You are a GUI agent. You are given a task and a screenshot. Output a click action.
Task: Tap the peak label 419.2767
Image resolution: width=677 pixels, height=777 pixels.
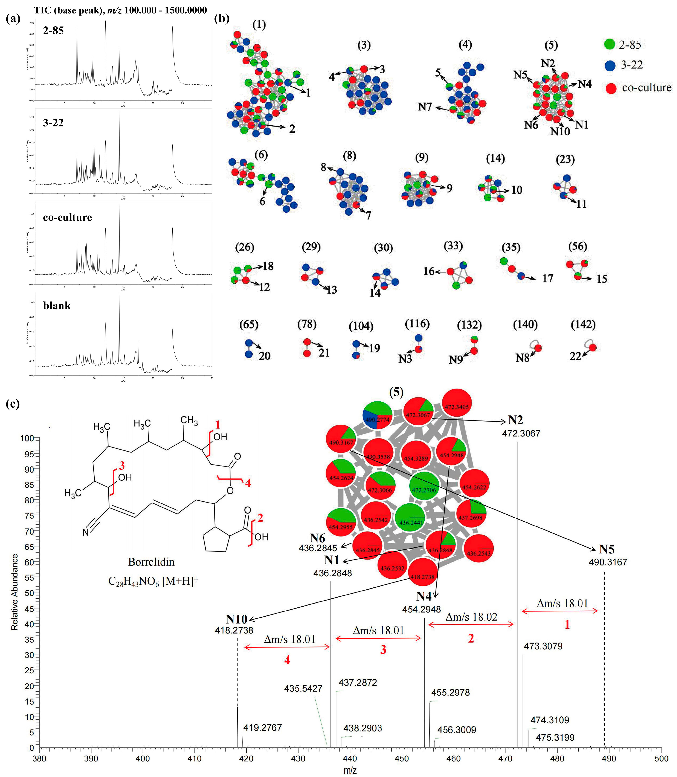(263, 727)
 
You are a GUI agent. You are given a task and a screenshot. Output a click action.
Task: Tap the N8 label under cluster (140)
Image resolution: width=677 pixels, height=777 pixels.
(522, 357)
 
